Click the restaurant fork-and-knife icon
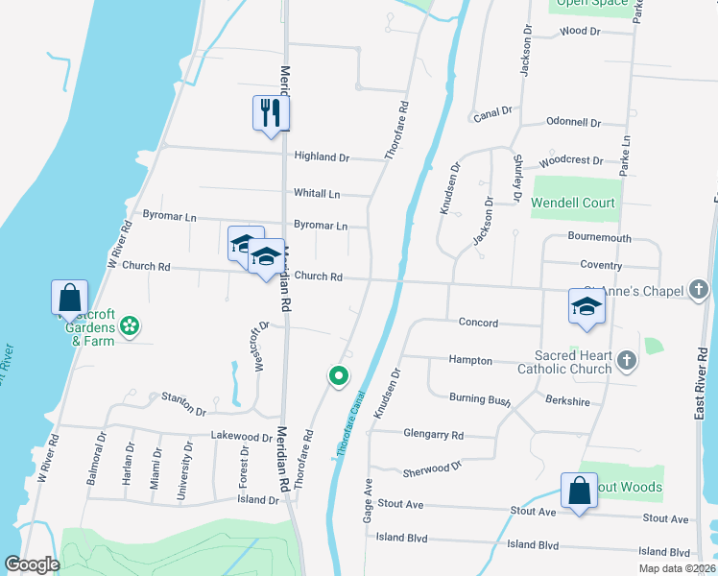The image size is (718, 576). pos(271,113)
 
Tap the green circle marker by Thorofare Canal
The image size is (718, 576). pos(338,376)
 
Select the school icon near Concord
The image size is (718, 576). pos(586,307)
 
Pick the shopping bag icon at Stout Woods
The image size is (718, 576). pos(581,492)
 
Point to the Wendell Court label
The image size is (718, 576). pos(573,204)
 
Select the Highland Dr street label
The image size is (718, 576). pos(322,156)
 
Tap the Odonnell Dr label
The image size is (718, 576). pos(573,123)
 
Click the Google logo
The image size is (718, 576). pos(32,565)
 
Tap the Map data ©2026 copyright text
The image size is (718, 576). pos(677,568)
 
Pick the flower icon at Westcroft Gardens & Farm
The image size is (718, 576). pos(131,327)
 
